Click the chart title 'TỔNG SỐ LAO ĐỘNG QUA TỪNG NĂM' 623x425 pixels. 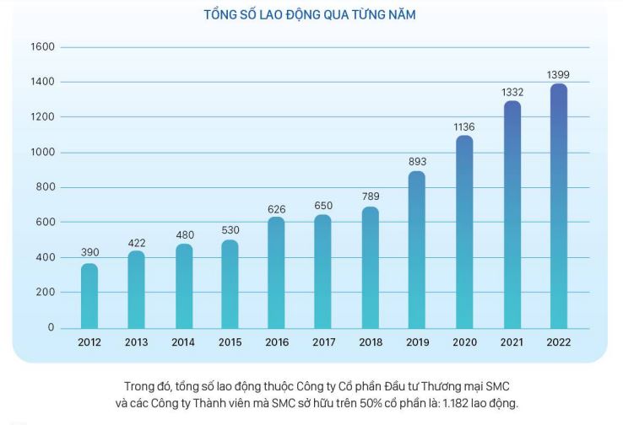click(311, 15)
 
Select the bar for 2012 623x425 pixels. click(89, 296)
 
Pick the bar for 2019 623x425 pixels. click(416, 250)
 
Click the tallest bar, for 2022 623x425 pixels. click(558, 206)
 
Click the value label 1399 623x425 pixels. click(558, 75)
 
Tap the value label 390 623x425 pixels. click(89, 252)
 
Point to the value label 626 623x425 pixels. click(276, 207)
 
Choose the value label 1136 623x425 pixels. click(464, 126)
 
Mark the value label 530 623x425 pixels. click(230, 230)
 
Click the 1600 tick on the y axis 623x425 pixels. click(43, 47)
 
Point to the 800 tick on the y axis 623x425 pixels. click(46, 187)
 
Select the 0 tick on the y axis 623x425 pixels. click(51, 327)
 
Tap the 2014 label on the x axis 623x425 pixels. click(182, 342)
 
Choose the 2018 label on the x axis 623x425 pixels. click(370, 342)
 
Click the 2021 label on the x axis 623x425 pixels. click(511, 342)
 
